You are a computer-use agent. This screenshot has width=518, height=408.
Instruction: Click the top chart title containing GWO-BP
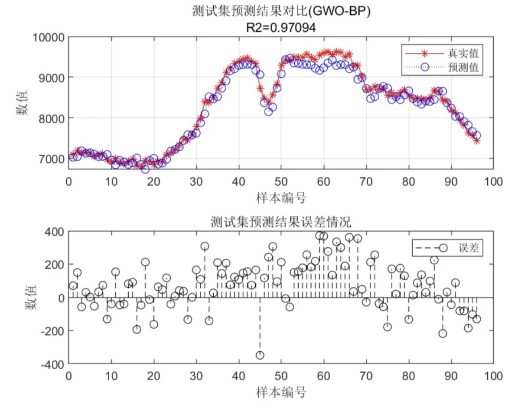(281, 12)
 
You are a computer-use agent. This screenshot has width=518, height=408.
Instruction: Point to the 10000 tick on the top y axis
(48, 37)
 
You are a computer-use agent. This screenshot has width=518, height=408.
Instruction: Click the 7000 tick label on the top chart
(52, 159)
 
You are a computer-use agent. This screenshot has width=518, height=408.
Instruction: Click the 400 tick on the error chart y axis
(55, 232)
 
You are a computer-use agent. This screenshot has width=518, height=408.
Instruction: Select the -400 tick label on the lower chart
(53, 364)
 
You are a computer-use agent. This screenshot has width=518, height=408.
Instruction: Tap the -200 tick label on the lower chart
(53, 331)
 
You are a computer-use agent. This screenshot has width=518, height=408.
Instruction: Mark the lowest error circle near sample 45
(260, 355)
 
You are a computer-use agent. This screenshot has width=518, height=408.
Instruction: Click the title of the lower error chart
(281, 222)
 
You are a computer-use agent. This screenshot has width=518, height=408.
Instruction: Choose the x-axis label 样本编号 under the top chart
(281, 198)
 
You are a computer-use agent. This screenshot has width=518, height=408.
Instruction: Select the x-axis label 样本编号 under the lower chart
(281, 392)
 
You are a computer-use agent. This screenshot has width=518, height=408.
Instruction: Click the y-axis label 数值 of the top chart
(22, 103)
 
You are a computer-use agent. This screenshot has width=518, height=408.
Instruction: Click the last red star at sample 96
(477, 141)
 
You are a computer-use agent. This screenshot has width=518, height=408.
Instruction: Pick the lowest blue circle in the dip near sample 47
(268, 112)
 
